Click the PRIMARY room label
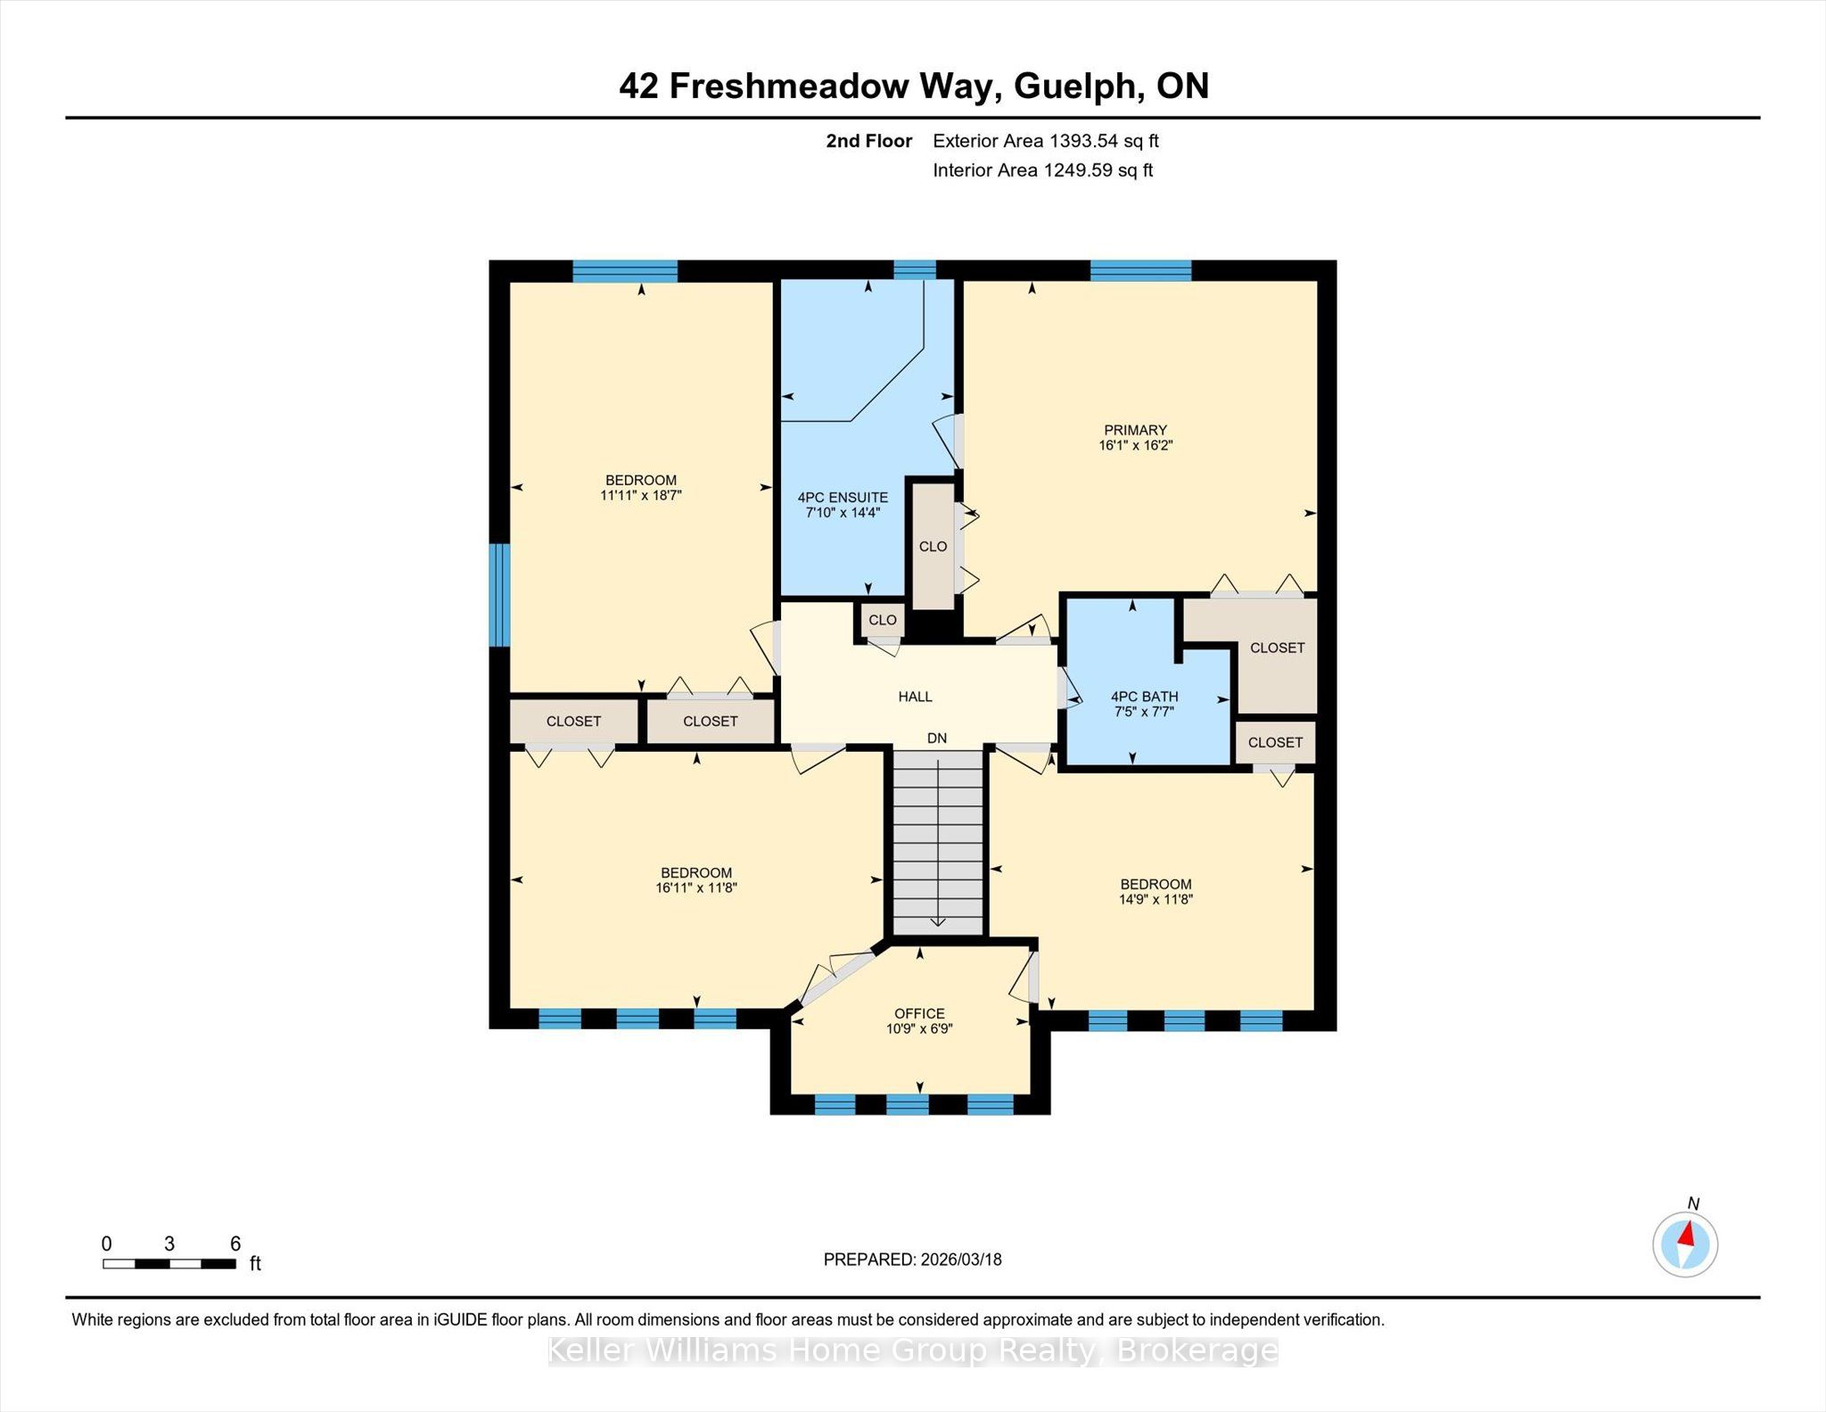click(x=1134, y=430)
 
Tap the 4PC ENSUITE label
click(x=843, y=498)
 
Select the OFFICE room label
click(x=919, y=1013)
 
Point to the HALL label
click(x=915, y=697)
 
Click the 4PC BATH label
click(x=1144, y=697)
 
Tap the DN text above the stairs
click(x=936, y=739)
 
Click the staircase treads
click(x=938, y=843)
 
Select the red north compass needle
click(x=1685, y=1234)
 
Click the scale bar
click(x=169, y=1263)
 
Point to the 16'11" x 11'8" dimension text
click(x=696, y=888)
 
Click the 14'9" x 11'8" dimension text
click(x=1156, y=899)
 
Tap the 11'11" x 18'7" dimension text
click(x=641, y=495)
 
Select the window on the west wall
click(x=500, y=594)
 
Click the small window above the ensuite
click(x=915, y=269)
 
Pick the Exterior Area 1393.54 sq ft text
click(x=1046, y=141)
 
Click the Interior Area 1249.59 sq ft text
click(x=1043, y=170)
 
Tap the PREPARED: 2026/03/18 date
click(x=912, y=1259)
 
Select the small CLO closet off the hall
click(x=883, y=620)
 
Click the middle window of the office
click(x=908, y=1104)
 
